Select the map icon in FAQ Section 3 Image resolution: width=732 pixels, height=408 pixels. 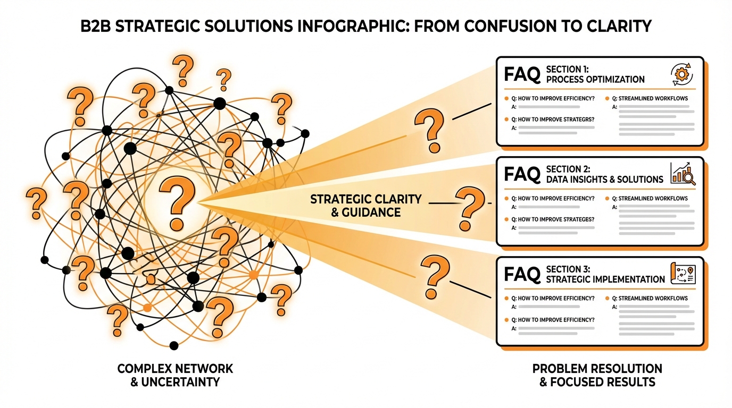pyautogui.click(x=684, y=273)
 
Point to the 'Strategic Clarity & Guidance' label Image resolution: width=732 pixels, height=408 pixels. pyautogui.click(x=365, y=206)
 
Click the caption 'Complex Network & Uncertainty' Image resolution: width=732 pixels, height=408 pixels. pyautogui.click(x=175, y=375)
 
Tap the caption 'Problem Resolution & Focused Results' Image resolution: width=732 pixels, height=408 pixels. pyautogui.click(x=597, y=375)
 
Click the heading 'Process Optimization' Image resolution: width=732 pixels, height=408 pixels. pyautogui.click(x=595, y=79)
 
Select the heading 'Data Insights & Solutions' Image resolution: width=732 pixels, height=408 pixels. pyautogui.click(x=604, y=179)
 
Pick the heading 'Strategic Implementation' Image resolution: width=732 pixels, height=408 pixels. pyautogui.click(x=605, y=279)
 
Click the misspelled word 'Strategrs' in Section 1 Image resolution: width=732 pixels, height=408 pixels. pyautogui.click(x=576, y=119)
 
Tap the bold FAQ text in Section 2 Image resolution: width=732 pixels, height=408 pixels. pyautogui.click(x=522, y=174)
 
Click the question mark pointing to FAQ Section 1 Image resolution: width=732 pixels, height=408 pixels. pyautogui.click(x=429, y=130)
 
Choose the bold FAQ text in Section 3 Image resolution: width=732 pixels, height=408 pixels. pyautogui.click(x=522, y=274)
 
